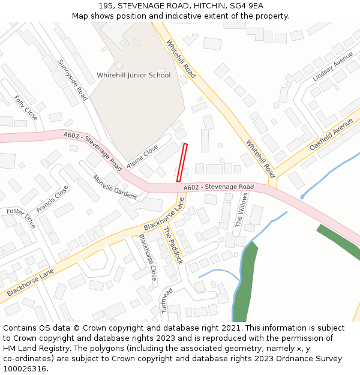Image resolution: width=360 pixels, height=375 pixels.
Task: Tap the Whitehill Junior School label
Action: pos(133,76)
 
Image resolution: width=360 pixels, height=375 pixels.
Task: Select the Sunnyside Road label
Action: pos(73,80)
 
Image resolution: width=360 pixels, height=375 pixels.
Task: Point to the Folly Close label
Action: pos(26,108)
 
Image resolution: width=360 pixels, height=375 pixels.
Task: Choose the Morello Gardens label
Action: pos(115,187)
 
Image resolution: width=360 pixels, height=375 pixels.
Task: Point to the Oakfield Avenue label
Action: pos(332,134)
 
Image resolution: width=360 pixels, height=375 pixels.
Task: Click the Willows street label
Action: pos(241,213)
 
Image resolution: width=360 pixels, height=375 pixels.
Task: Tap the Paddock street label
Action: pos(173,241)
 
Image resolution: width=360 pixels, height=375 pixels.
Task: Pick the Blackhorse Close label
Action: pos(148,257)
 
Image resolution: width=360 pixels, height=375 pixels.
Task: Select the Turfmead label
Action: pos(166,299)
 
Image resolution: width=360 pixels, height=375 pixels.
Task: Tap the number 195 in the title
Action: pos(106,5)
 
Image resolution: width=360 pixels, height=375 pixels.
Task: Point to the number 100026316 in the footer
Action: pos(25,368)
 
